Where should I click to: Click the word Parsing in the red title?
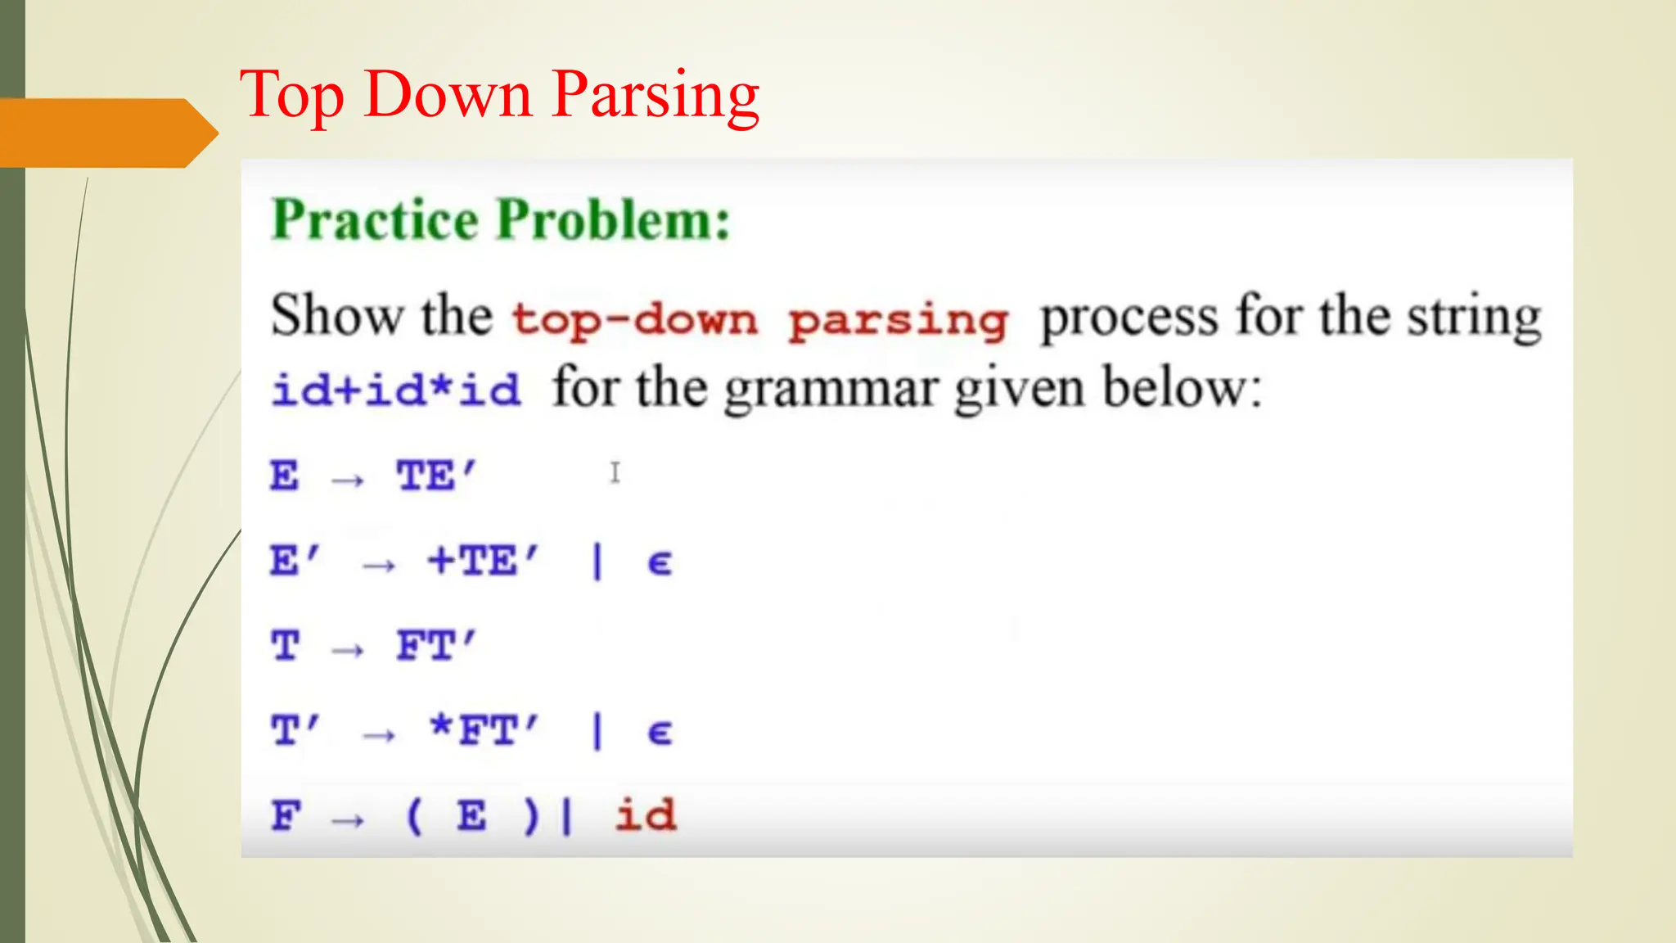656,95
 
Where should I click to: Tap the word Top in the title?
291,95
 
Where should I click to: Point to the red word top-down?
635,319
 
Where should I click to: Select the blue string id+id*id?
396,389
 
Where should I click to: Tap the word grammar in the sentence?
831,389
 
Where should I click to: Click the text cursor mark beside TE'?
615,473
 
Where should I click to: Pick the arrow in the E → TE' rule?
348,480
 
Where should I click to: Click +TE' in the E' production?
483,562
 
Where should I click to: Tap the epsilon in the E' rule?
660,563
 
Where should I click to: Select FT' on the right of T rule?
435,646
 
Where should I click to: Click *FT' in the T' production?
484,730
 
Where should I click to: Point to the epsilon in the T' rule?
660,732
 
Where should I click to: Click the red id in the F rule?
646,815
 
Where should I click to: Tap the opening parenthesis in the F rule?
415,816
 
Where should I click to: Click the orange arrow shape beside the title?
106,133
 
